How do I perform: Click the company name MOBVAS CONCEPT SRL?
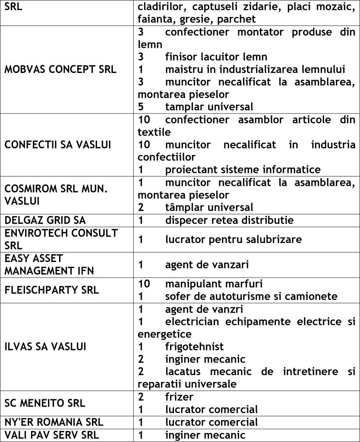pyautogui.click(x=60, y=69)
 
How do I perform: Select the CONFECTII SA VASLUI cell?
pyautogui.click(x=58, y=144)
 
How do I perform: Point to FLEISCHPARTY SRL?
pyautogui.click(x=51, y=290)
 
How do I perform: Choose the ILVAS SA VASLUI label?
pyautogui.click(x=45, y=347)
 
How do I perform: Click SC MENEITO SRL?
pyautogui.click(x=45, y=403)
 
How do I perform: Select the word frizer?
pyautogui.click(x=179, y=396)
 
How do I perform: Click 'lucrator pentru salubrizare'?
pyautogui.click(x=233, y=239)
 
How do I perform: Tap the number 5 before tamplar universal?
pyautogui.click(x=141, y=106)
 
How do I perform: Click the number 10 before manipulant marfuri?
pyautogui.click(x=144, y=284)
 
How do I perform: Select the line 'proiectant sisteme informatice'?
pyautogui.click(x=243, y=169)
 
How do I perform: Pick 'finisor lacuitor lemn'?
pyautogui.click(x=216, y=57)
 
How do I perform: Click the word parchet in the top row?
pyautogui.click(x=237, y=19)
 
